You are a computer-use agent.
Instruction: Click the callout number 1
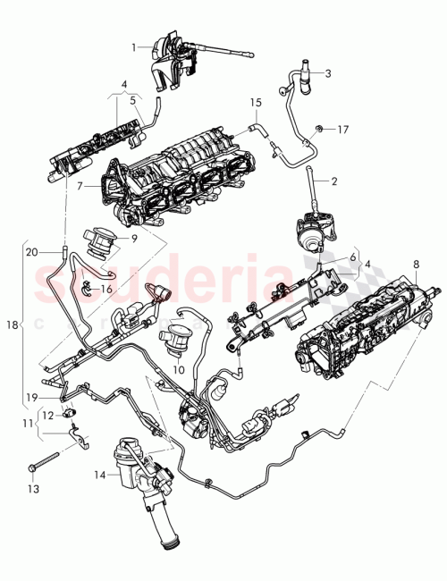point(135,46)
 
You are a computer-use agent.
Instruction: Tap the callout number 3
point(329,73)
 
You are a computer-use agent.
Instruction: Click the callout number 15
point(255,104)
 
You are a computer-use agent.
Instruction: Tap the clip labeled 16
point(88,288)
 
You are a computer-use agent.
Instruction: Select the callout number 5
point(133,101)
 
